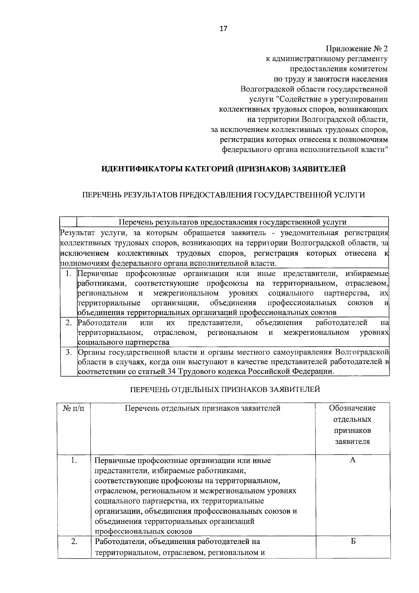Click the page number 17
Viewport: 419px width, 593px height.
223,29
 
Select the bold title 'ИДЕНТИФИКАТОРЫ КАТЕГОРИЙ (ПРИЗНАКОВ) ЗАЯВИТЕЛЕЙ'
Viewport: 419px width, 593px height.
223,169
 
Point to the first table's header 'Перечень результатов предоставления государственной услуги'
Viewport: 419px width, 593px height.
233,222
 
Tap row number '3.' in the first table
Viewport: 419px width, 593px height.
69,352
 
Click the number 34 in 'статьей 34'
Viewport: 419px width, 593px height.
171,371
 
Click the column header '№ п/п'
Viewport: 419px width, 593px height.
74,408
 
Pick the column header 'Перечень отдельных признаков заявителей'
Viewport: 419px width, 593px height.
203,408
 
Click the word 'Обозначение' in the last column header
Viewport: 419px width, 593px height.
352,408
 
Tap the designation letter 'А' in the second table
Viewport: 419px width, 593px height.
352,460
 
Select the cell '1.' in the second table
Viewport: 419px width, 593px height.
74,460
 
